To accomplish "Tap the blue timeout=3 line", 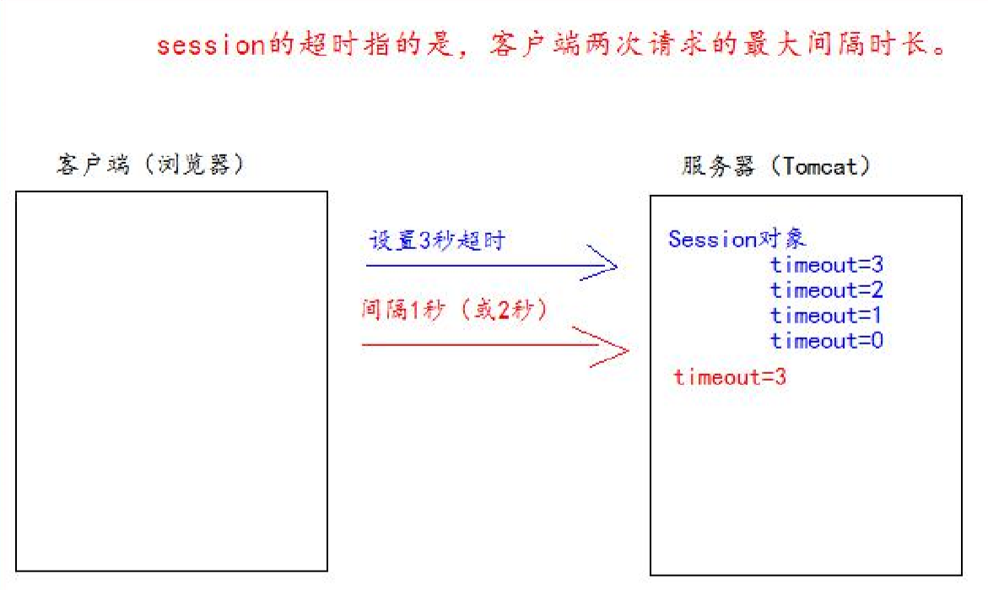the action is (x=826, y=265).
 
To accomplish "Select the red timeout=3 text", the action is (x=730, y=377).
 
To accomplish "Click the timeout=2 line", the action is (x=826, y=290).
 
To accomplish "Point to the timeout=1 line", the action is (x=826, y=316).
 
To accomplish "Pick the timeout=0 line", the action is (x=826, y=341).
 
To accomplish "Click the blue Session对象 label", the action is (x=737, y=239).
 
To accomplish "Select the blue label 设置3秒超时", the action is (x=436, y=241).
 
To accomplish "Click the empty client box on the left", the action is (x=171, y=381).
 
